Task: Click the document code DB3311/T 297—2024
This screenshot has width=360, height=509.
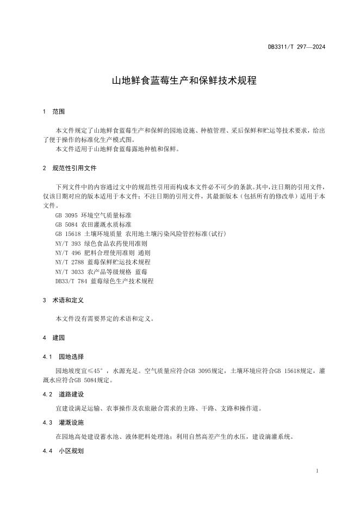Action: (296, 47)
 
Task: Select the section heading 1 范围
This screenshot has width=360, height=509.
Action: (53, 111)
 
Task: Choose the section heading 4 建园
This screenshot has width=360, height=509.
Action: (53, 338)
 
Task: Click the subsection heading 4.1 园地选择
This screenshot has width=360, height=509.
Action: (63, 357)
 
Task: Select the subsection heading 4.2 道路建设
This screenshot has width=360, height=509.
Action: (63, 394)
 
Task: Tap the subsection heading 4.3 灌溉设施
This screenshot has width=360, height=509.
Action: (63, 422)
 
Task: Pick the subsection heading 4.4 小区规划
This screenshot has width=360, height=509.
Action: (63, 450)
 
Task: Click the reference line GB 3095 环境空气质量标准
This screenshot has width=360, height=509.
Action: (93, 215)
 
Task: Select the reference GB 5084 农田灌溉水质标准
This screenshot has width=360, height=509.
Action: (93, 225)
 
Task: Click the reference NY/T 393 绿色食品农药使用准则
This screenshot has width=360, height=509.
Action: (102, 244)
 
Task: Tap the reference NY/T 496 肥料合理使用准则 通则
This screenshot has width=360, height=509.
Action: (103, 253)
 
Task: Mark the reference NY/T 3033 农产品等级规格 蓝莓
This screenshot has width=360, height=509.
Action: (101, 271)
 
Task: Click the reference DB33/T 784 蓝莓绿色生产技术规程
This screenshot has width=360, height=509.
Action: (104, 281)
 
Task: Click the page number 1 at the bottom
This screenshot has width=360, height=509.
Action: (317, 470)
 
